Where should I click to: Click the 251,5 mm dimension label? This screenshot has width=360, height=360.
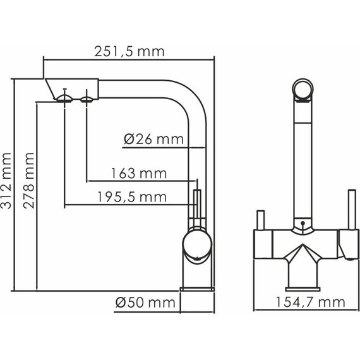click(x=130, y=52)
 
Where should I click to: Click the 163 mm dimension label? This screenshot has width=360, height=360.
click(x=138, y=173)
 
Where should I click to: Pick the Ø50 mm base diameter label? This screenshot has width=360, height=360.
click(x=145, y=303)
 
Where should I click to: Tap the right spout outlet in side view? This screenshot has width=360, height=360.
click(x=86, y=97)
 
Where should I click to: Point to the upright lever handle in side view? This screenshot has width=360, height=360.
click(x=196, y=205)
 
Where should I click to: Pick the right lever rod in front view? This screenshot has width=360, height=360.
click(x=348, y=208)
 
